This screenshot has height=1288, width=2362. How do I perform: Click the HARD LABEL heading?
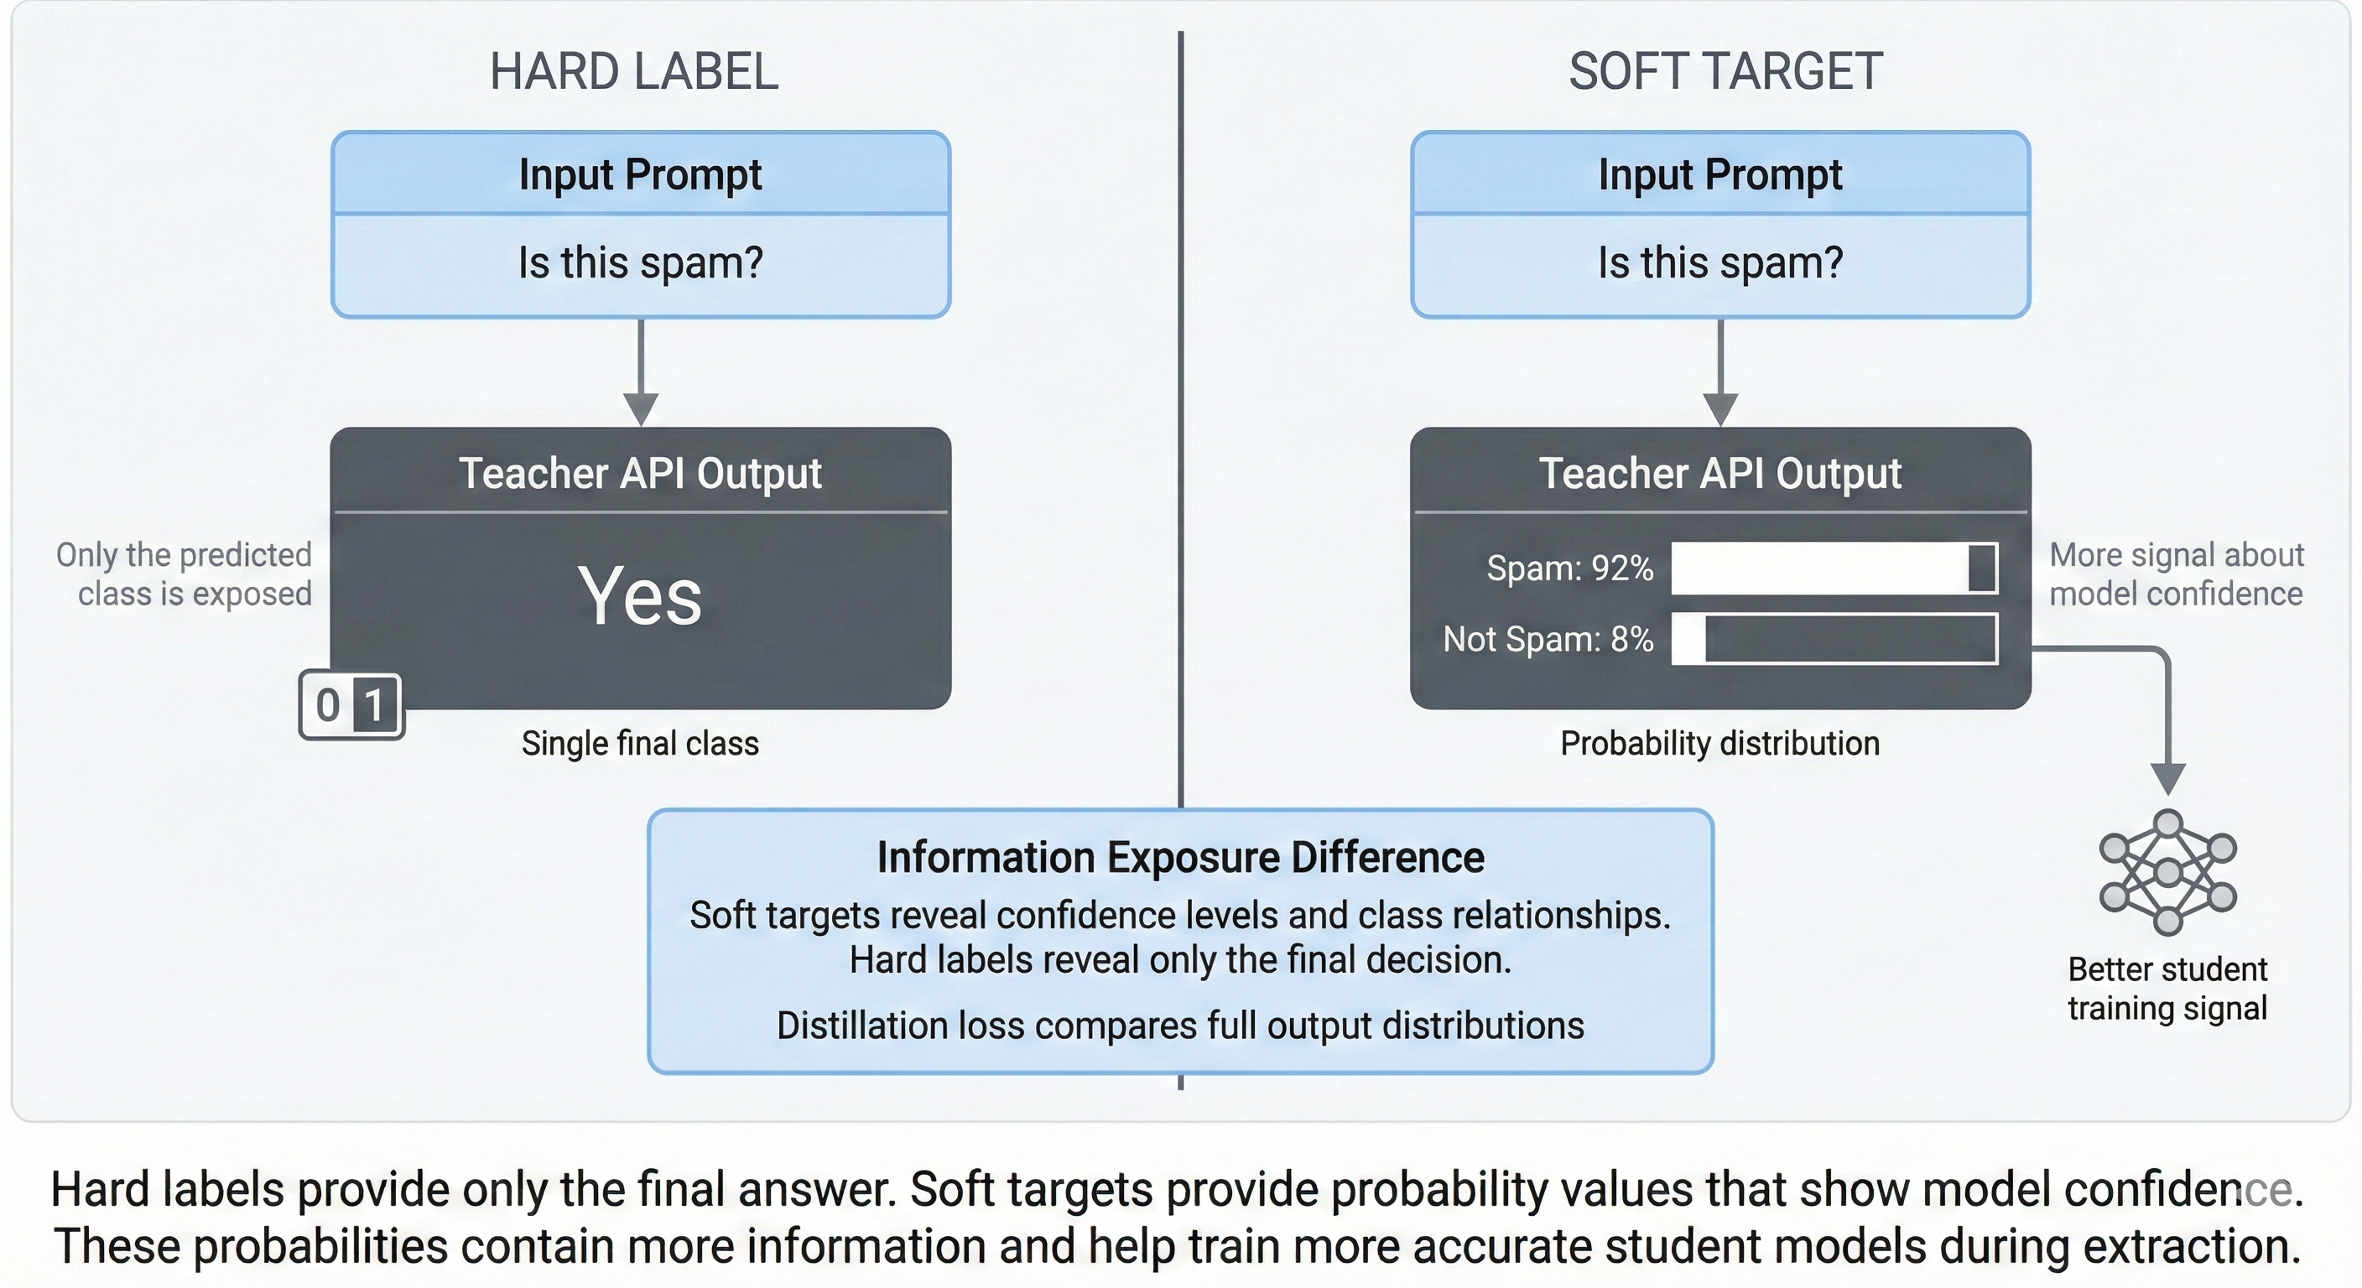click(633, 71)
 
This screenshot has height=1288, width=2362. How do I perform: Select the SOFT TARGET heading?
click(1725, 71)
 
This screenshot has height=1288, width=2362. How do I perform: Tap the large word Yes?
click(640, 596)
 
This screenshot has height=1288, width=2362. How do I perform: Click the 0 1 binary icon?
click(351, 705)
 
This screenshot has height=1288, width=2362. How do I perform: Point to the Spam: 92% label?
click(1570, 569)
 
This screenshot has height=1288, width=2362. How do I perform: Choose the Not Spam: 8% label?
click(1548, 639)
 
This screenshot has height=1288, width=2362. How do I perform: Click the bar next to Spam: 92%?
click(1834, 569)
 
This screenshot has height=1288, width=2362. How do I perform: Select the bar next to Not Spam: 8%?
click(1834, 639)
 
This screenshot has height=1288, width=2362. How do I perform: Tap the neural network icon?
click(2167, 872)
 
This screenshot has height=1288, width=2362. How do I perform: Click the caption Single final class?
click(640, 743)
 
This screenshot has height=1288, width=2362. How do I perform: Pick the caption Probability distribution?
click(1720, 743)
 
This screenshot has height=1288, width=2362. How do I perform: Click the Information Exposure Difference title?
click(1180, 858)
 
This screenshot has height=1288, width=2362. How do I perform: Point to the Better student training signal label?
click(2167, 989)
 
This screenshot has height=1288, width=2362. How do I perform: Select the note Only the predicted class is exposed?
click(184, 574)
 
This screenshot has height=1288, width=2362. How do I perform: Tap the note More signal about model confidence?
click(2176, 574)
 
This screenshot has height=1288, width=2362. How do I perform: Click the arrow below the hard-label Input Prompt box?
click(641, 371)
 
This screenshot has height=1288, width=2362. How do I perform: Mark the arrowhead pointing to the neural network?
click(2167, 779)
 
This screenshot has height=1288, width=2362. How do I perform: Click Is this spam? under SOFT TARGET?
click(1720, 263)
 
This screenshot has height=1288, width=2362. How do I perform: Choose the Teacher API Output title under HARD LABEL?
click(640, 473)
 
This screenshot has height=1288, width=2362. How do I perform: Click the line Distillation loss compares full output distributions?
click(1180, 1025)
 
